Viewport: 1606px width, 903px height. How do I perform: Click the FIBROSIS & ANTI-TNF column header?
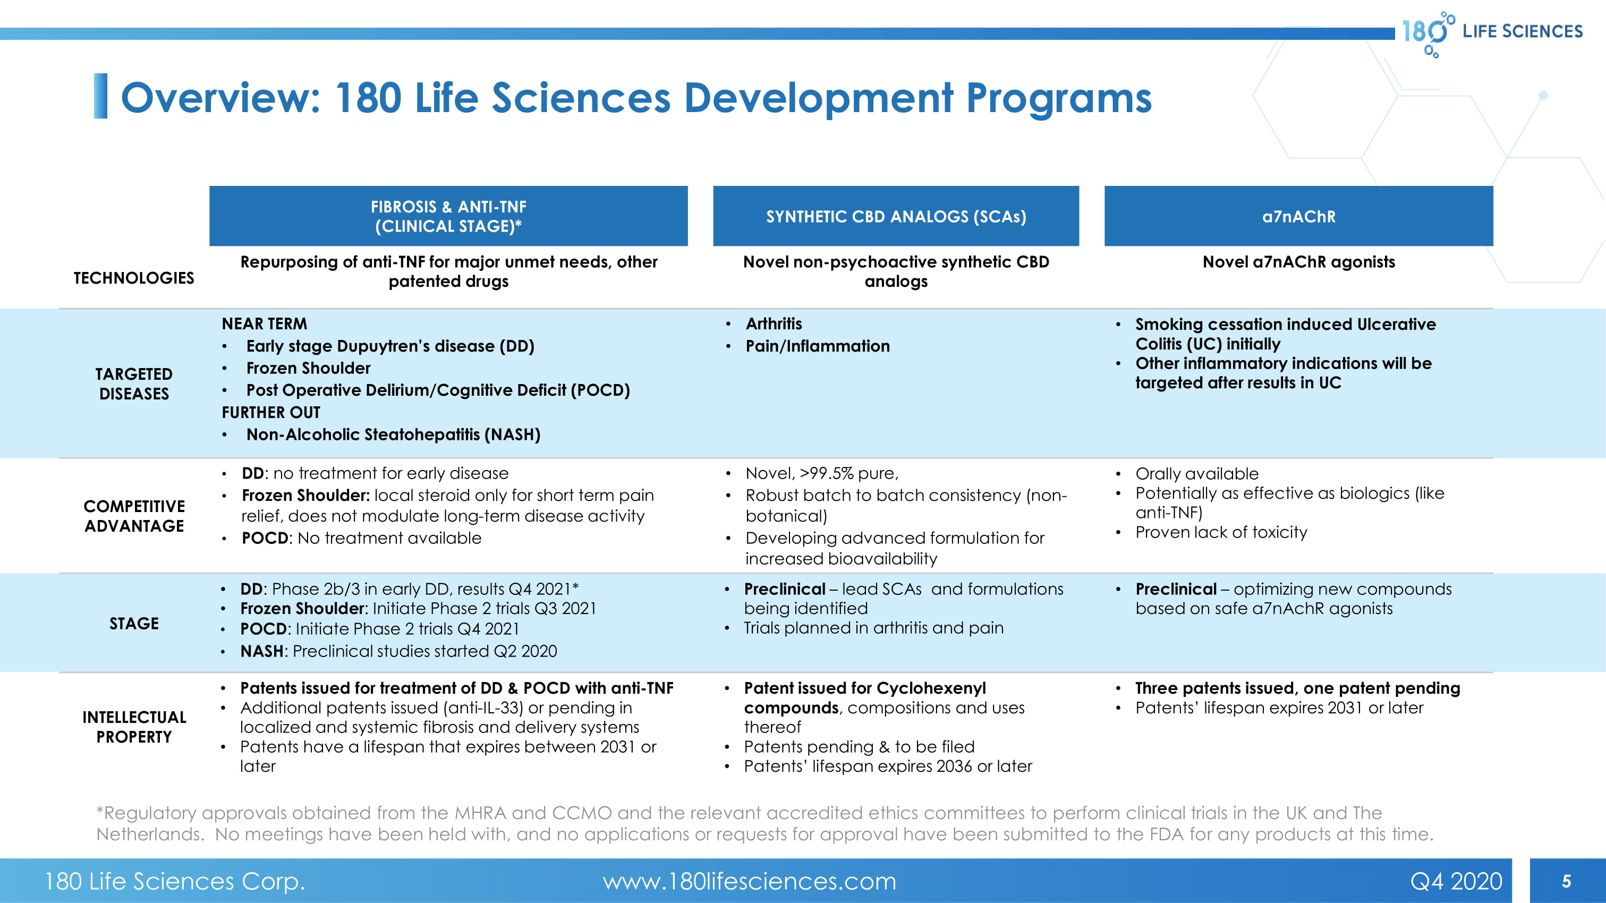click(448, 216)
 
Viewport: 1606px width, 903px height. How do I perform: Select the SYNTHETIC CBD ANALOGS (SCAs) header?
click(895, 216)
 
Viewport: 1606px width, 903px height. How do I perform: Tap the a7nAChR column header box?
click(1298, 216)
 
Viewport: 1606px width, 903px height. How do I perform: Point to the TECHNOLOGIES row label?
click(133, 278)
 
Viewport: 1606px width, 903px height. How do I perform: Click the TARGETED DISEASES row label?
click(133, 384)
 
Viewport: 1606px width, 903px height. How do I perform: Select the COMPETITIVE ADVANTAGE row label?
click(133, 516)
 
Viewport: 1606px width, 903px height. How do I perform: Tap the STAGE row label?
click(133, 623)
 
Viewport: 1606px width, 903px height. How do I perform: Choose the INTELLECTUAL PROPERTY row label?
click(133, 727)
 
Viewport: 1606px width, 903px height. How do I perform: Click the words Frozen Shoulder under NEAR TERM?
click(308, 368)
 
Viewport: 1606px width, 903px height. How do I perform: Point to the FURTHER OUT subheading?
click(270, 413)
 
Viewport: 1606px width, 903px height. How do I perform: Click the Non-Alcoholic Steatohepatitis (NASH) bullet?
click(393, 435)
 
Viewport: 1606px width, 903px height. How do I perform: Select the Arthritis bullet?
click(774, 323)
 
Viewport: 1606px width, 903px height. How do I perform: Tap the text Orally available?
click(1196, 474)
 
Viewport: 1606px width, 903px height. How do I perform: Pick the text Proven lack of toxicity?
click(1221, 532)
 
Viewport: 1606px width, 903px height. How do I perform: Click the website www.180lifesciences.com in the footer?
click(749, 881)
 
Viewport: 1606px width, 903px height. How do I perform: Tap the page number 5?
click(1566, 881)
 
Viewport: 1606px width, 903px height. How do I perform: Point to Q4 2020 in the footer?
click(1456, 881)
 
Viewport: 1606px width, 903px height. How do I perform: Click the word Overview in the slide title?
click(219, 98)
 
